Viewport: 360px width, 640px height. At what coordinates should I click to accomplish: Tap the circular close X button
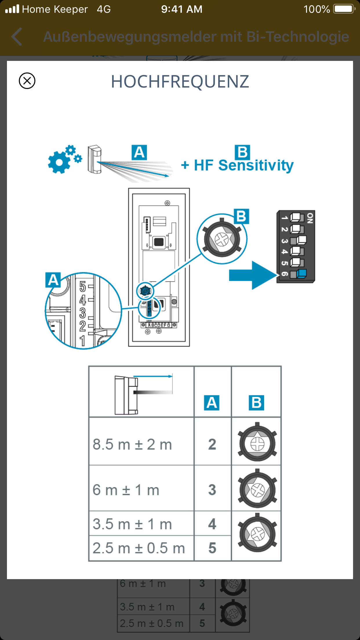(x=27, y=81)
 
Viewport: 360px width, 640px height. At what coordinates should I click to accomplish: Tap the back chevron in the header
(x=17, y=37)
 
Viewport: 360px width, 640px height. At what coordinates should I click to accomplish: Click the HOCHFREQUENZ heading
(x=180, y=81)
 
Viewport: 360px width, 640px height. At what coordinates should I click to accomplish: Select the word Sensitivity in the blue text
(x=256, y=166)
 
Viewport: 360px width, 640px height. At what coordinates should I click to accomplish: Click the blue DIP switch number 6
(x=301, y=273)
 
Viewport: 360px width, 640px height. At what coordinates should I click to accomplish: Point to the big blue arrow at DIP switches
(x=252, y=275)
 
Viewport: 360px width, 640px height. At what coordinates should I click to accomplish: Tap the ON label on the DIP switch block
(x=310, y=218)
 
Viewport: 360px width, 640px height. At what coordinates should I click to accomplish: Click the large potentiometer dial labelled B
(x=222, y=239)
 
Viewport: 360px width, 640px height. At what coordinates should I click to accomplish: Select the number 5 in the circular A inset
(x=83, y=287)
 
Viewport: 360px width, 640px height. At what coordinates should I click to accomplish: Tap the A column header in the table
(x=212, y=403)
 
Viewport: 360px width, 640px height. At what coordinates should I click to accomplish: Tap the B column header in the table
(x=256, y=403)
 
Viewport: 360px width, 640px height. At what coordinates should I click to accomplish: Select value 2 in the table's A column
(x=212, y=444)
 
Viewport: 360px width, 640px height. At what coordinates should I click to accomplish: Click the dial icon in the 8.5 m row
(x=257, y=443)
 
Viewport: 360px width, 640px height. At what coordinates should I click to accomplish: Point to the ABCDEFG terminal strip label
(x=159, y=325)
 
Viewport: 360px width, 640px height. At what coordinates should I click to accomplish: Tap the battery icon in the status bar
(x=344, y=9)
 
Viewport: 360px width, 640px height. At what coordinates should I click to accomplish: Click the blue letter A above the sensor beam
(x=139, y=152)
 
